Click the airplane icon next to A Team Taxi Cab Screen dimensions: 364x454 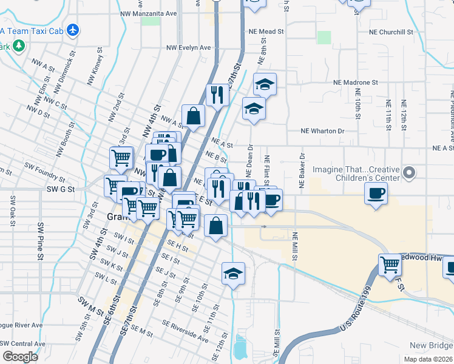click(x=73, y=29)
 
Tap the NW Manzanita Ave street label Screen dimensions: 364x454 click(x=149, y=13)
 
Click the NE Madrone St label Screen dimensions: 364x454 click(x=355, y=82)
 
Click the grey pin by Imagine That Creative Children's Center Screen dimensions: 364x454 click(x=409, y=174)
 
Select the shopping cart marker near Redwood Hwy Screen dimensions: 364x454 click(x=390, y=265)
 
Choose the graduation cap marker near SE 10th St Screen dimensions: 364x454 click(x=233, y=273)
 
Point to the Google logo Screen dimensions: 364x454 click(x=20, y=357)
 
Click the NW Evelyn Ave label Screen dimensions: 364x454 click(x=189, y=47)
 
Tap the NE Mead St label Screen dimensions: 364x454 click(x=266, y=32)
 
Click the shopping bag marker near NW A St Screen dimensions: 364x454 click(x=193, y=116)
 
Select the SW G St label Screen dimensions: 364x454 click(x=60, y=189)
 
